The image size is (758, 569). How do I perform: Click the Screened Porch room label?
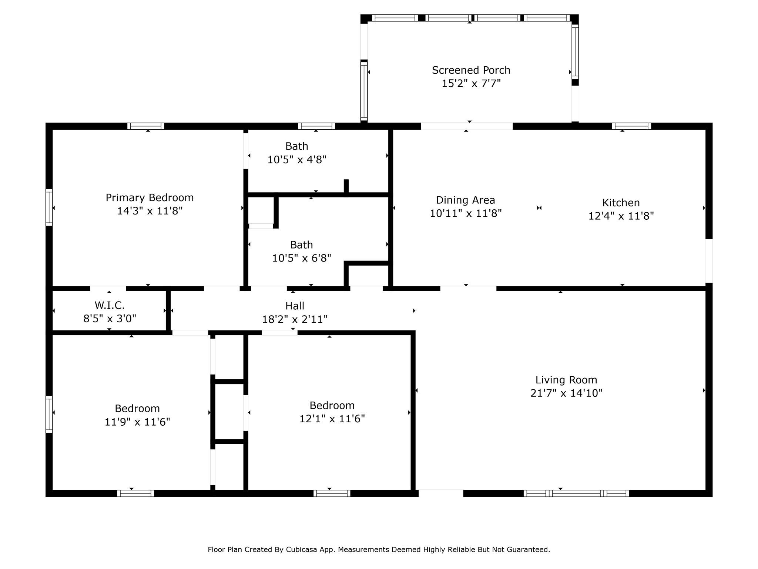point(471,70)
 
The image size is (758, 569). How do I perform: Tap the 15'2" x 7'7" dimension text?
point(471,83)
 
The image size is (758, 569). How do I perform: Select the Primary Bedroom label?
point(150,198)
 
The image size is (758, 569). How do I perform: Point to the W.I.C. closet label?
point(110,305)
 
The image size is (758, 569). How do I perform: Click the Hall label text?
point(295,306)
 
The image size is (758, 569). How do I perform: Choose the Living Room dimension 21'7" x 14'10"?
point(566,393)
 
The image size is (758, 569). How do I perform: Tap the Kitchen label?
point(621,203)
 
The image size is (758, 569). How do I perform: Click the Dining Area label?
point(465,200)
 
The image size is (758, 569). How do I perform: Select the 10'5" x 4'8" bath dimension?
point(297,160)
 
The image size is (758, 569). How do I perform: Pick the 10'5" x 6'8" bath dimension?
point(302,258)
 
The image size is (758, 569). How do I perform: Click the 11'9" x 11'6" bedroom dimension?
point(137,422)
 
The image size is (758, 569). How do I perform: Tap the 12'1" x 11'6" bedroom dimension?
point(332,419)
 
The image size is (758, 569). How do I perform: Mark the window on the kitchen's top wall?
point(631,126)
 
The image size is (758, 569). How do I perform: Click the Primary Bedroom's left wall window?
point(49,207)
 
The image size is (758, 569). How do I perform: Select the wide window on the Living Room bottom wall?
point(576,493)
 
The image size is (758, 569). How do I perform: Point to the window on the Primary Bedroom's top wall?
point(146,126)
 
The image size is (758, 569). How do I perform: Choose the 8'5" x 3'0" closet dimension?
point(110,319)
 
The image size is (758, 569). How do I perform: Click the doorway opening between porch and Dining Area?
point(467,126)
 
